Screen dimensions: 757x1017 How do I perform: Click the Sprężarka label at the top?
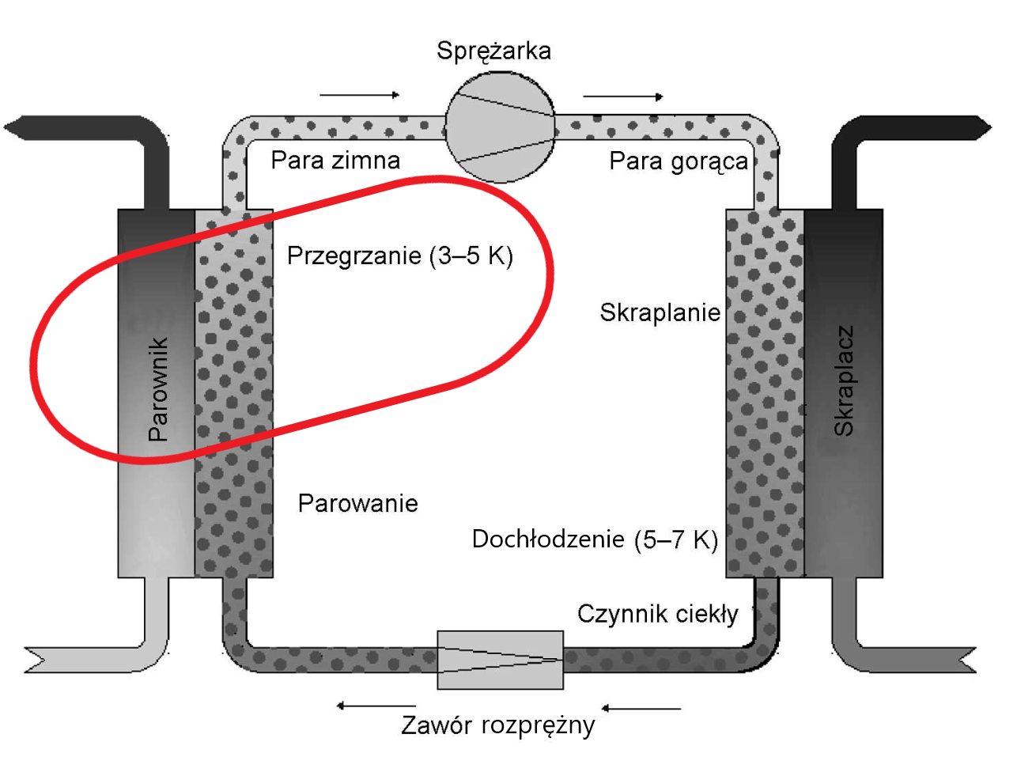click(493, 51)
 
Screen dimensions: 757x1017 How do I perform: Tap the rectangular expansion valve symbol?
click(500, 660)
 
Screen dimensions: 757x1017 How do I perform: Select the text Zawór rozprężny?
click(497, 725)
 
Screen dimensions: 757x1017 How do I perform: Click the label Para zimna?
click(335, 161)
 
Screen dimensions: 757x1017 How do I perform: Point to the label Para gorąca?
click(678, 161)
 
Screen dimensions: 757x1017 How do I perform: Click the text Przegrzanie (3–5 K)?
click(399, 255)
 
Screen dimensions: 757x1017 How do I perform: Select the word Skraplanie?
click(660, 312)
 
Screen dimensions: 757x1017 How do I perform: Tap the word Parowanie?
click(357, 503)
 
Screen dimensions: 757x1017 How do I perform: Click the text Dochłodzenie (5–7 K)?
click(594, 539)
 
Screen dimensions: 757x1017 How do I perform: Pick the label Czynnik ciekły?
click(657, 614)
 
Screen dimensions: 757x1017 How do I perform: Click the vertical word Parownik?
click(158, 388)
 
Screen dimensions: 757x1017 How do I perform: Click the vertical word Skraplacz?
click(844, 380)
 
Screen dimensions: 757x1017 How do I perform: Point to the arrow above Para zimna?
click(360, 95)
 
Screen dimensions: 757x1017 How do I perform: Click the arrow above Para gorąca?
click(623, 97)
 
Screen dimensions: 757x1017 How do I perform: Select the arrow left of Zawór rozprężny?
click(376, 705)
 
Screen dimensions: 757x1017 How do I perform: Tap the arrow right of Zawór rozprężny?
click(641, 708)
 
